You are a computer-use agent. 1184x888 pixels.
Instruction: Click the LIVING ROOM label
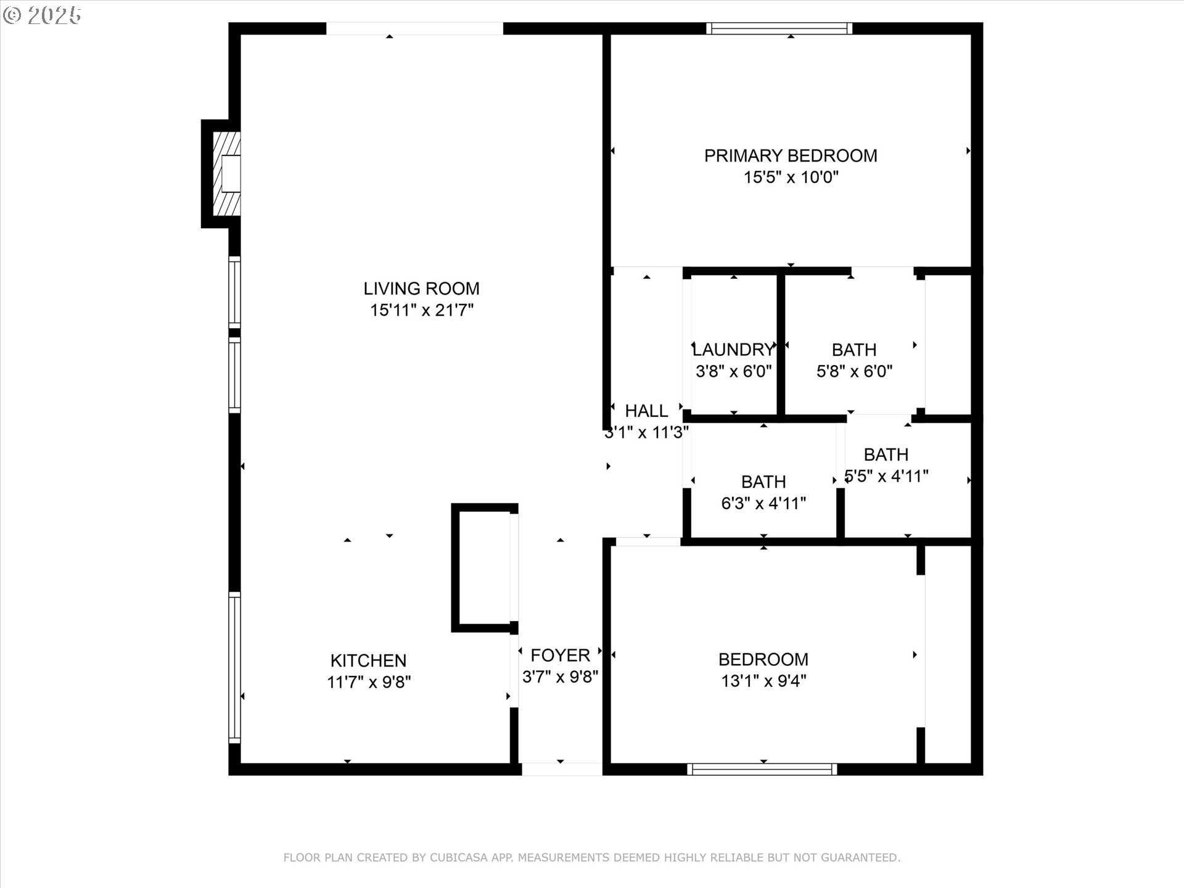[x=421, y=289]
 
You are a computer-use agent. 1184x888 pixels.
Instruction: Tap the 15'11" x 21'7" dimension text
[x=422, y=310]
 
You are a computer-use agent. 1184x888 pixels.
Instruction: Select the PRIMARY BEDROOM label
[x=791, y=155]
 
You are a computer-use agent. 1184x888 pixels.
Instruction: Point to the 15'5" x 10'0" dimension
[x=791, y=178]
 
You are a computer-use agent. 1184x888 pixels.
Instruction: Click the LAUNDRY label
[x=733, y=350]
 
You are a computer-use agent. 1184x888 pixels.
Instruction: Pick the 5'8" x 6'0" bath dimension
[x=855, y=372]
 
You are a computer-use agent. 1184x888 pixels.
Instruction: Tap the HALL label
[x=646, y=411]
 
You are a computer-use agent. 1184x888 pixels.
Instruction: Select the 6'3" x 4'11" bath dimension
[x=763, y=504]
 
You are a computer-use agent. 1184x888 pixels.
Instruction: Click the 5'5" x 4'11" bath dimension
[x=887, y=477]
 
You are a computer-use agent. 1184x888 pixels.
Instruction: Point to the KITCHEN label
[x=368, y=660]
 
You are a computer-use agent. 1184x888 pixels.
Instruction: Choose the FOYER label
[x=560, y=655]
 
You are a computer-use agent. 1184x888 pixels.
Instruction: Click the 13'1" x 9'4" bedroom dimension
[x=763, y=681]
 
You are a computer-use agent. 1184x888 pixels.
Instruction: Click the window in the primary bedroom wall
[x=779, y=28]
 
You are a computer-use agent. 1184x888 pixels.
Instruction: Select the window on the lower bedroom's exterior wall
[x=762, y=769]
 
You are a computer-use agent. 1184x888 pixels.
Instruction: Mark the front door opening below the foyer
[x=562, y=769]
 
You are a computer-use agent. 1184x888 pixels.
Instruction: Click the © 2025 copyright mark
[x=42, y=15]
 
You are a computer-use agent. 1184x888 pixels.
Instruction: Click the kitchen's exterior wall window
[x=235, y=667]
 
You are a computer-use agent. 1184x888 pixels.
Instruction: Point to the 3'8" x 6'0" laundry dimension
[x=734, y=372]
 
